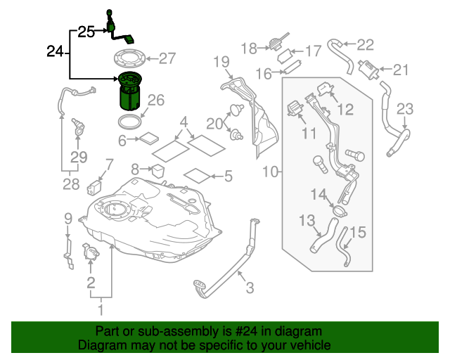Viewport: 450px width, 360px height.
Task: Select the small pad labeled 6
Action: point(150,139)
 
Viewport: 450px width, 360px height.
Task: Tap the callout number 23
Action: point(406,108)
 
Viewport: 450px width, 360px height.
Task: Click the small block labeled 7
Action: point(94,188)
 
